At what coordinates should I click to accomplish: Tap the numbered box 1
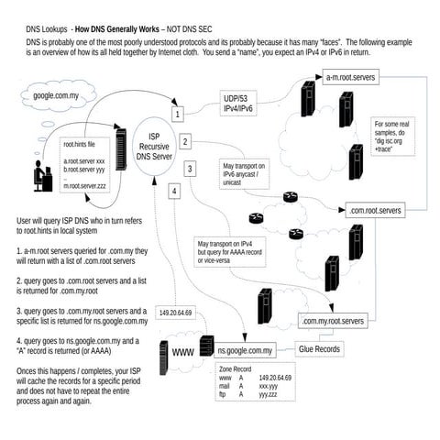click(x=178, y=114)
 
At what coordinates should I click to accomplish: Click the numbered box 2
click(x=185, y=141)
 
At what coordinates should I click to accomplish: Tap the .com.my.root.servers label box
click(x=333, y=322)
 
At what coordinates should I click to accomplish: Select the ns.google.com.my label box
click(x=245, y=350)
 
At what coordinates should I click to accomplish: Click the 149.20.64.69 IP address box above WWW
click(x=175, y=313)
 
